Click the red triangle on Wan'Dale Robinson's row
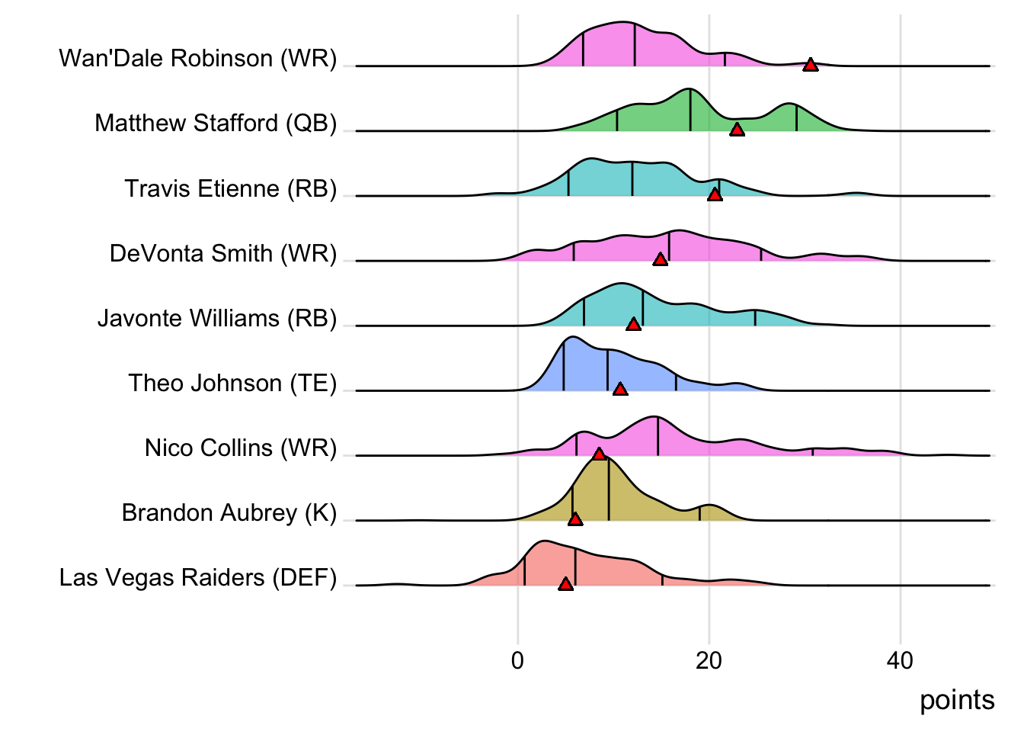coord(811,65)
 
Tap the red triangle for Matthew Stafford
coord(737,130)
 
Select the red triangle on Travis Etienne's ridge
coord(715,194)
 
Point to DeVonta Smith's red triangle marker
coord(661,259)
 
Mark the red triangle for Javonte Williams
coord(633,325)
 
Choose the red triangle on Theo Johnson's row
coord(620,390)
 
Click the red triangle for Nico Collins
coord(599,454)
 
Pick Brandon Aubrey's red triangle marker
coord(575,519)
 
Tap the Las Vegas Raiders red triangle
coord(565,584)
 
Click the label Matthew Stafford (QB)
coord(216,123)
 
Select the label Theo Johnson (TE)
coord(232,383)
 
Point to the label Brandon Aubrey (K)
coord(229,512)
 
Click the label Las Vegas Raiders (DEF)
coord(198,577)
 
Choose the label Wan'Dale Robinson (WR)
coord(198,58)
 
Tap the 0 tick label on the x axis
coord(518,660)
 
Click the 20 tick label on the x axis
coord(709,660)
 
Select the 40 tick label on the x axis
coord(900,660)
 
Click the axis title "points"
coord(957,700)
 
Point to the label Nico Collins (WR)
coord(241,448)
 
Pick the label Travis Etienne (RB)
coord(231,188)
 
